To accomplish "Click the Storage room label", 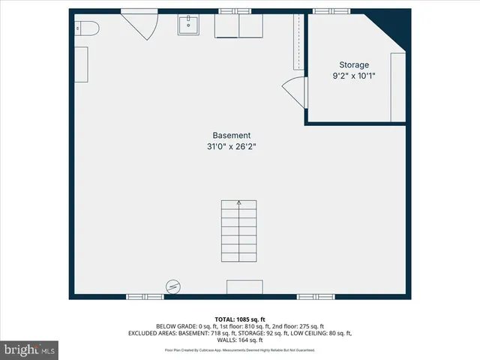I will (354, 64).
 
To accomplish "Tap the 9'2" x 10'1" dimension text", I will (354, 76).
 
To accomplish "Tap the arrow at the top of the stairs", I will (239, 202).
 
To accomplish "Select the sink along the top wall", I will (188, 25).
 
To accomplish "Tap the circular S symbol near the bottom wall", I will (173, 286).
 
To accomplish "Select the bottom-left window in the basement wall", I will (145, 297).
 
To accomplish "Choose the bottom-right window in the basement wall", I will (315, 297).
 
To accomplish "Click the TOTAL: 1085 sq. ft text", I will (240, 318).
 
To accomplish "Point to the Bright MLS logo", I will (30, 349).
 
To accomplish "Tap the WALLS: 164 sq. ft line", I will (240, 340).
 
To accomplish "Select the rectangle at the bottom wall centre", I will (244, 287).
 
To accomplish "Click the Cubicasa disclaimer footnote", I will (240, 350).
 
